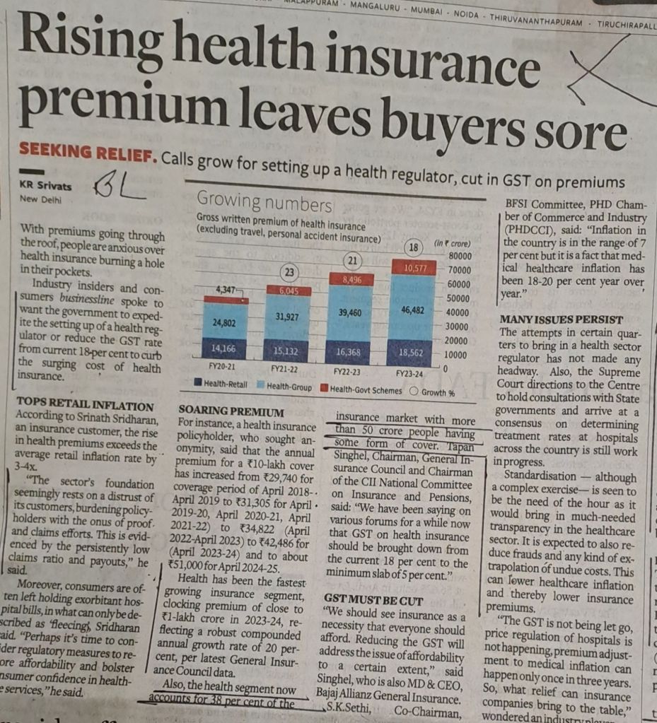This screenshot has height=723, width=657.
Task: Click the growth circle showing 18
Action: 415,247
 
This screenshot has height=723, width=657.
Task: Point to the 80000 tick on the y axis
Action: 460,255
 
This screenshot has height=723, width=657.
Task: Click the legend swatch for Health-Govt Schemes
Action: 324,389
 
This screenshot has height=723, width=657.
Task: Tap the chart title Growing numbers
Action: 264,205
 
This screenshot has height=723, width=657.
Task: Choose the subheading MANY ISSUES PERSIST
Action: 562,319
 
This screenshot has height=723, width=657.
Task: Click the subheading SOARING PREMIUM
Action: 231,411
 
